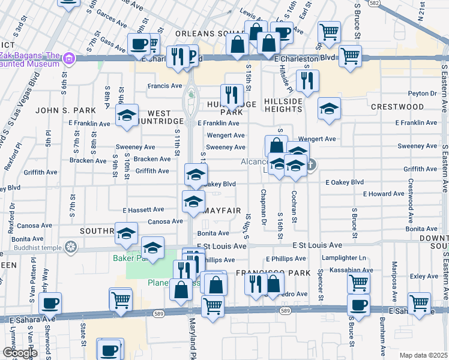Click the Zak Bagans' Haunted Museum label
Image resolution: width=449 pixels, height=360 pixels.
coord(29,58)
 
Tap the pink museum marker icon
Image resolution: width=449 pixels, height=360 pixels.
coord(68,58)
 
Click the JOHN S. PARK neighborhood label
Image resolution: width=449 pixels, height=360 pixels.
coord(57,110)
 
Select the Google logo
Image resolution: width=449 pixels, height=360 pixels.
coord(20,353)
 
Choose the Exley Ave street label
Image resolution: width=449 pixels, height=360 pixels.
coord(424,277)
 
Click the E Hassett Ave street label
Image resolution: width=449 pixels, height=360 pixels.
coord(143,210)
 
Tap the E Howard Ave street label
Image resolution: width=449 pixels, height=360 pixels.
coord(384,194)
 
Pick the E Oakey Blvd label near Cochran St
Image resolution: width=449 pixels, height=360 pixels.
coord(345,182)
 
